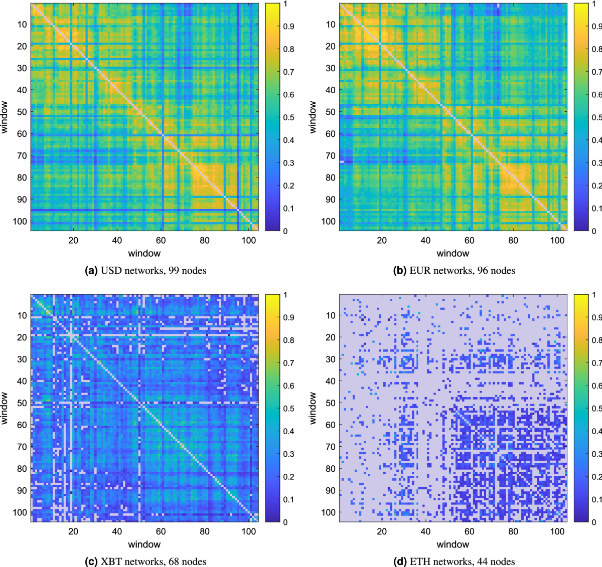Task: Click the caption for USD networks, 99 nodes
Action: click(x=145, y=271)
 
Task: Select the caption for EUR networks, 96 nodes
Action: click(x=454, y=271)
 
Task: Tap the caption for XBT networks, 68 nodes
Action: click(x=145, y=561)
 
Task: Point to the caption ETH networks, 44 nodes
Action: click(x=454, y=561)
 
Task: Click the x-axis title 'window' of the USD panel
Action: click(x=144, y=254)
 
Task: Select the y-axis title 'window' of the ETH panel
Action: click(x=313, y=408)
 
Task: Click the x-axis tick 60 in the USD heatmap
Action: click(x=161, y=240)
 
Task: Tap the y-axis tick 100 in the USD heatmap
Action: click(x=20, y=221)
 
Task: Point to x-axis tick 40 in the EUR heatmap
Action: click(x=425, y=240)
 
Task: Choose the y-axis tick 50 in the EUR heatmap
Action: click(x=330, y=112)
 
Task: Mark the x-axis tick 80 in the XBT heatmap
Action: click(x=205, y=531)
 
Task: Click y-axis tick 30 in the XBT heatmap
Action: click(x=22, y=359)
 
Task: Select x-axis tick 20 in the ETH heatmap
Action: click(x=382, y=531)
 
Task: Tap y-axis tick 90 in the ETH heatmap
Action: click(x=330, y=491)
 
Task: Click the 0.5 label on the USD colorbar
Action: click(x=288, y=117)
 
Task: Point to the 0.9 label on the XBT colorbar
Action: click(x=288, y=317)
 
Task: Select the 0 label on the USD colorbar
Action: click(x=285, y=231)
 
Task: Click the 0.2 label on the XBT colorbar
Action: click(x=288, y=477)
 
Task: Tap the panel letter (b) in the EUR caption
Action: click(x=400, y=271)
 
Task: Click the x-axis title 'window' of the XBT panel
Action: click(x=144, y=544)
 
